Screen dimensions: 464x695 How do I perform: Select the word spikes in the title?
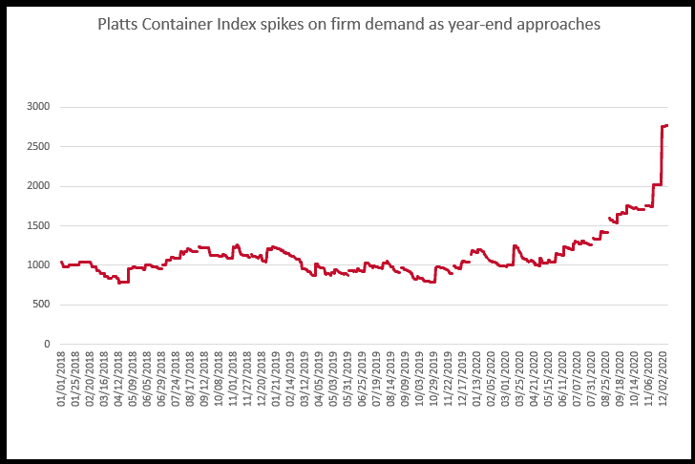click(x=281, y=25)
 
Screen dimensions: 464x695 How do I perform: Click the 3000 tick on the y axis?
click(x=39, y=107)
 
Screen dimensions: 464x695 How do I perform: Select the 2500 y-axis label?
click(x=39, y=146)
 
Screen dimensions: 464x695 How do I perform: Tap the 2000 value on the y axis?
click(x=39, y=186)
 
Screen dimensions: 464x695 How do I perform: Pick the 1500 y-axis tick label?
click(x=39, y=225)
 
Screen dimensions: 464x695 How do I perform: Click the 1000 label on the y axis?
click(x=39, y=264)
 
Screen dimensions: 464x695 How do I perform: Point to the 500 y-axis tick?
click(x=42, y=305)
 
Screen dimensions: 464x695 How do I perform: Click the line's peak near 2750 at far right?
click(x=665, y=125)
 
